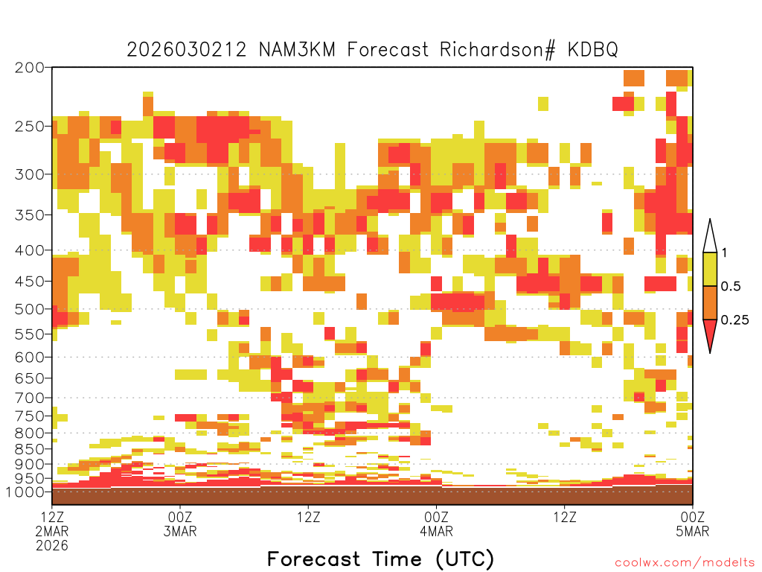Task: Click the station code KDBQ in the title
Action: click(592, 50)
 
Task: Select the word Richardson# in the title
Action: click(497, 50)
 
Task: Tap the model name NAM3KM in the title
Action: click(297, 50)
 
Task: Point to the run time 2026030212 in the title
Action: click(187, 50)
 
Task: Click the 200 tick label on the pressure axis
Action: click(29, 67)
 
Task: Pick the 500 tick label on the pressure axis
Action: click(29, 309)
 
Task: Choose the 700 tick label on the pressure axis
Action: click(29, 398)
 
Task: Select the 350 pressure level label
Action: click(29, 214)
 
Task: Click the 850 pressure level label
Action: click(29, 448)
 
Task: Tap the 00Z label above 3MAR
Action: click(180, 517)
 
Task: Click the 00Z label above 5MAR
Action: click(693, 517)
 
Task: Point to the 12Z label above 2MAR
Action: click(52, 517)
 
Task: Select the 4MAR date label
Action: click(436, 531)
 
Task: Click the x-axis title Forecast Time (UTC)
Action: click(380, 559)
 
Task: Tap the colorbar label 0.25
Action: click(734, 320)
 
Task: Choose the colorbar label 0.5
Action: click(731, 286)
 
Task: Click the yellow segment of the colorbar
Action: click(710, 269)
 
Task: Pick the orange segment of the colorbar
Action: click(710, 302)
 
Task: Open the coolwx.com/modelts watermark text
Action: click(685, 563)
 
